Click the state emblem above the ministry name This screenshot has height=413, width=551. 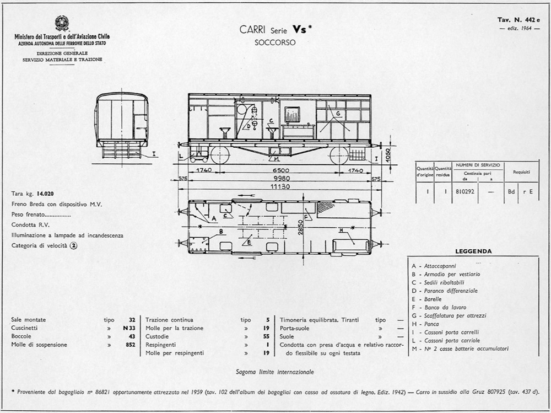62,23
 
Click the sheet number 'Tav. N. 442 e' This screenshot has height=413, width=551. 519,20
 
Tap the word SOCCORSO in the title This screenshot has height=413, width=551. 275,42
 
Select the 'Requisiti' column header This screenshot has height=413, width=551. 521,171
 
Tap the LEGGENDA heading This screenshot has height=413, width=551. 473,251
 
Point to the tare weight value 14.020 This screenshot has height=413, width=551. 45,194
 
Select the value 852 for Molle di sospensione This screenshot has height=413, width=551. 130,345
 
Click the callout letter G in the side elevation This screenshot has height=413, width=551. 337,114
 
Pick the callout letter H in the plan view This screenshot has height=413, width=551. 341,229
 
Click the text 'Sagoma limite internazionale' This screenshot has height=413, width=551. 274,372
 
